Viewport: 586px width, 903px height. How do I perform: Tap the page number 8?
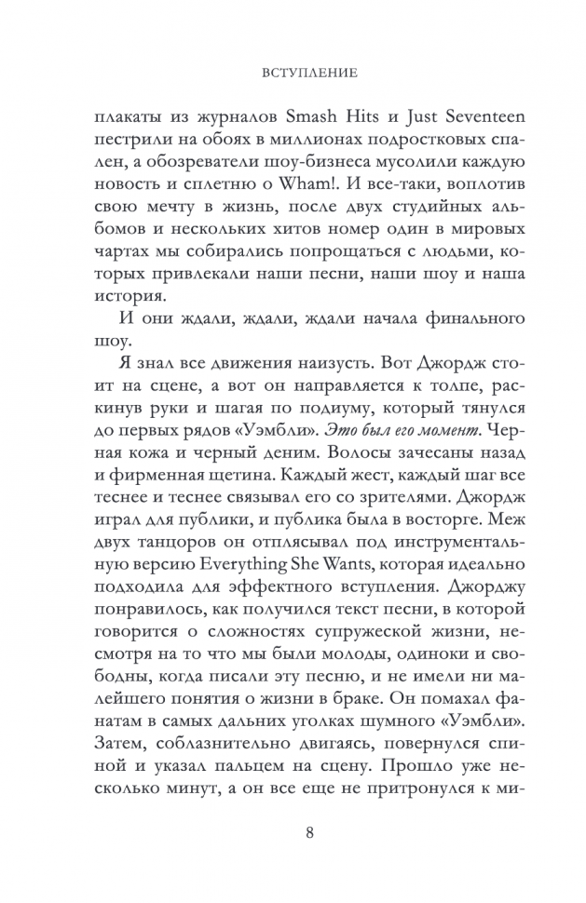(293, 832)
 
